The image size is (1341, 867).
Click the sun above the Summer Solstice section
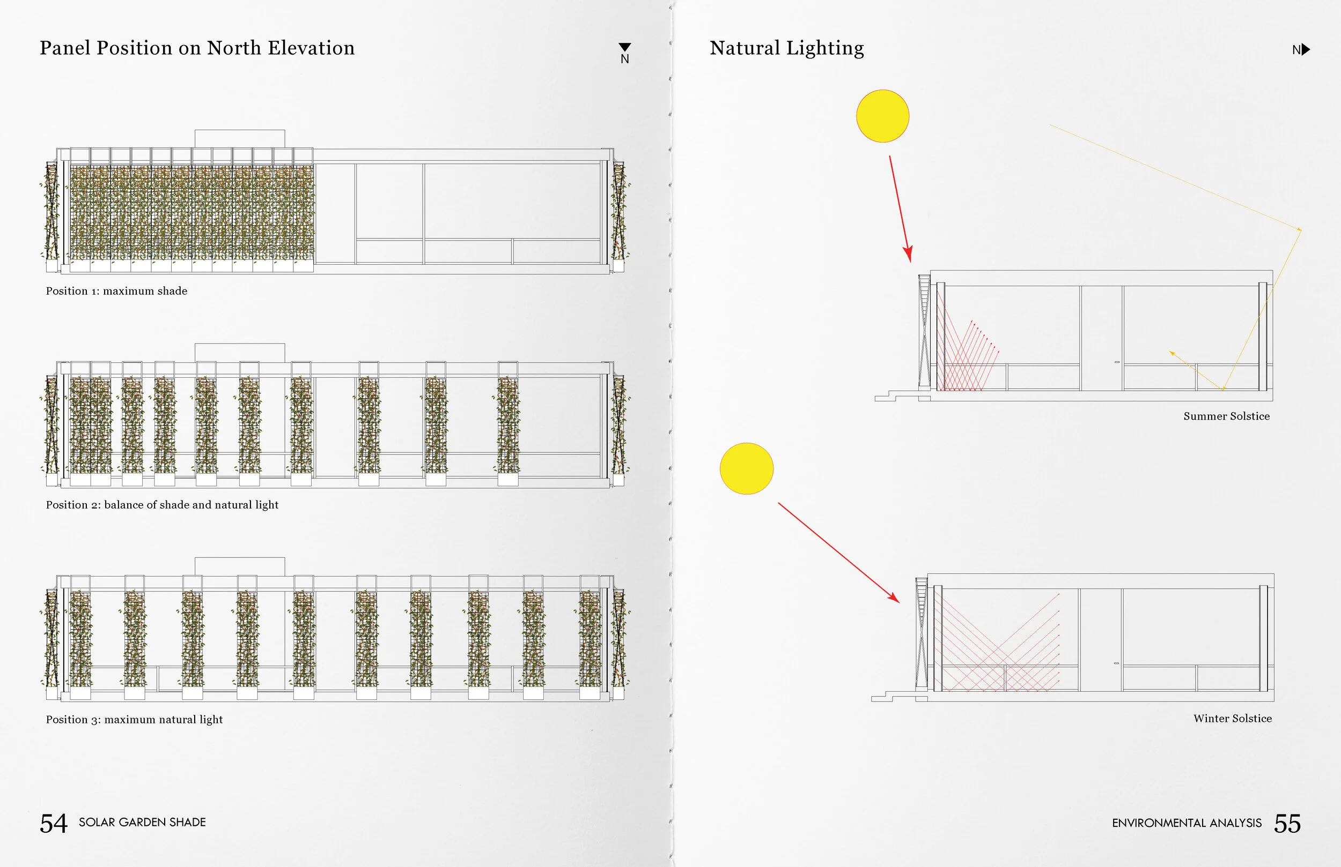(882, 116)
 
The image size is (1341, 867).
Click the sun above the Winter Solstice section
(747, 468)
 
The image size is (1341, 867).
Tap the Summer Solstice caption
(1226, 416)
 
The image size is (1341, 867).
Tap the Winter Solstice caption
(1232, 719)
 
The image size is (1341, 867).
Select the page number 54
(54, 823)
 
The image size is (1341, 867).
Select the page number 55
(1287, 823)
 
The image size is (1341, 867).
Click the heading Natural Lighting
(786, 48)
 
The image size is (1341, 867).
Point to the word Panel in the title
(65, 48)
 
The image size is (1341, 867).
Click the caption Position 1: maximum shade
(116, 291)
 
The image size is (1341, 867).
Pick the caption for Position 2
(163, 505)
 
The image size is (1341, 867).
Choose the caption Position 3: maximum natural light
(134, 720)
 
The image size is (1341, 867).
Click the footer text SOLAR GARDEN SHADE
(142, 822)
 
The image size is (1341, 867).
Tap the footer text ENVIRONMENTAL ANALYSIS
(1187, 823)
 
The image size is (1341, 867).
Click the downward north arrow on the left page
(624, 47)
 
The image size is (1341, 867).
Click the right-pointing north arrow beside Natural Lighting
(1306, 49)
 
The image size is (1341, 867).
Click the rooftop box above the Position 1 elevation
(239, 138)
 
